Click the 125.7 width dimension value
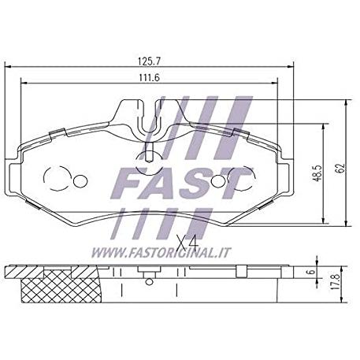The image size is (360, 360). tap(149, 61)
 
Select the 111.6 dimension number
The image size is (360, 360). tap(149, 78)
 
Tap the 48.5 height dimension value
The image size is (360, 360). tap(317, 173)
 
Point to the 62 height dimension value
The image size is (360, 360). tap(340, 168)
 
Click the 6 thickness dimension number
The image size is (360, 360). tap(311, 272)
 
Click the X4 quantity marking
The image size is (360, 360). tap(187, 243)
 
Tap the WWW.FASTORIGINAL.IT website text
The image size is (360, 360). tap(161, 253)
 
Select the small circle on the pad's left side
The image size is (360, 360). tap(80, 181)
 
